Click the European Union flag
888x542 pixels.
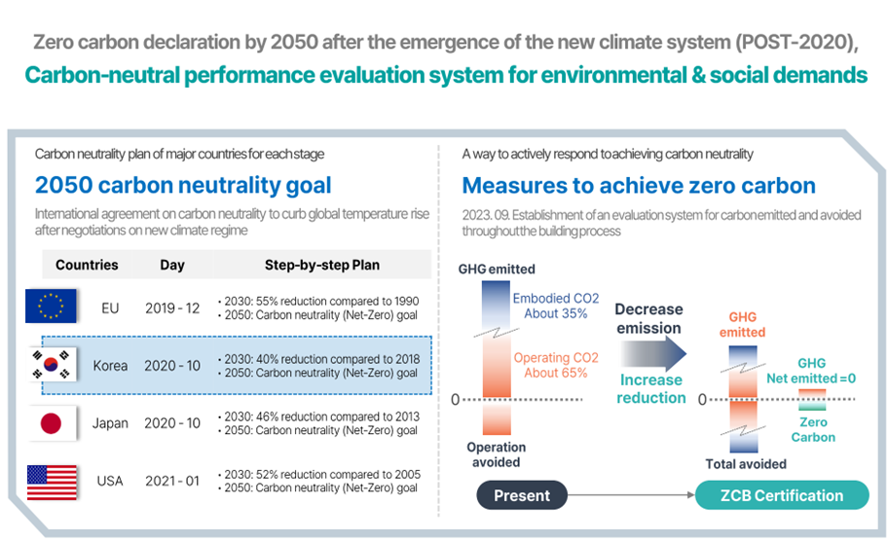pos(51,307)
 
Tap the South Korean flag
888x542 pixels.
pos(51,365)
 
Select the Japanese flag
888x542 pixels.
pos(51,422)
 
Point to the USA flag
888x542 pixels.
pos(51,481)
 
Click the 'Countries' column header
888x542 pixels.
pos(87,265)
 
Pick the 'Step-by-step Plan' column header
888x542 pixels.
pos(321,265)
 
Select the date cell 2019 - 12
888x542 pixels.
pos(172,307)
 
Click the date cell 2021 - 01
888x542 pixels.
pos(172,481)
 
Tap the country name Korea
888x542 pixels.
pos(110,366)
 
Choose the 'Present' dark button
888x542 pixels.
pos(522,495)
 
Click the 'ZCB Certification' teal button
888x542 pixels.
pos(782,495)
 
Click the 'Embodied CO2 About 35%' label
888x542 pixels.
pos(556,306)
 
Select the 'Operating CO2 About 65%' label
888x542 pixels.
pos(556,365)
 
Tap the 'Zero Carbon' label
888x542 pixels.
pos(812,429)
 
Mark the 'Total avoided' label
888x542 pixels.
pos(746,464)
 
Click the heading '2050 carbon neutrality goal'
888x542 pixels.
pos(183,186)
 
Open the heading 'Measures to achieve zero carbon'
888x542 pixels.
pos(639,186)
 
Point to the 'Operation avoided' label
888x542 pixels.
pos(497,454)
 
